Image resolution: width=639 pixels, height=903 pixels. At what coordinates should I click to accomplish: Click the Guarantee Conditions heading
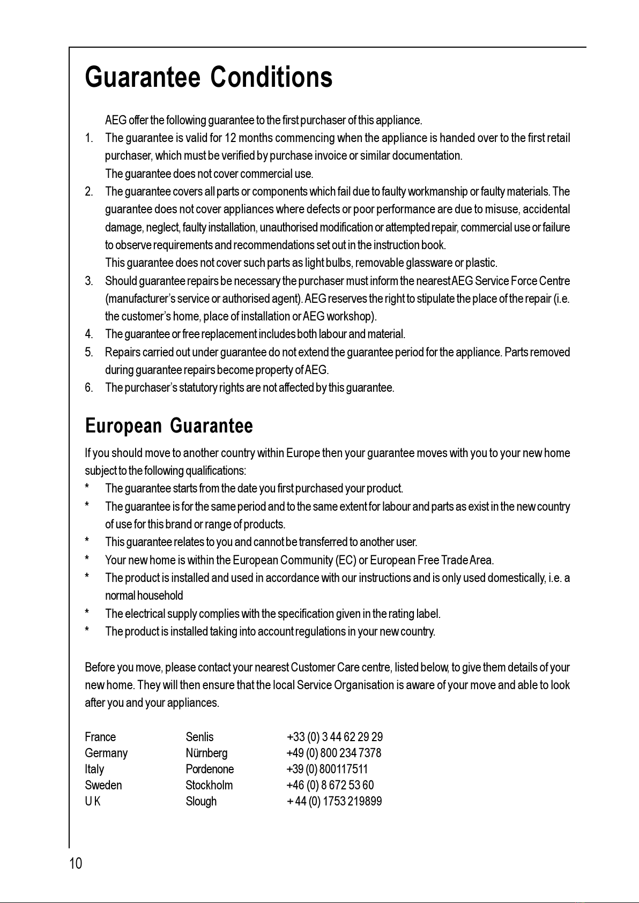[x=209, y=78]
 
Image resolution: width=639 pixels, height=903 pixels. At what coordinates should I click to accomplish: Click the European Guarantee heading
[x=169, y=427]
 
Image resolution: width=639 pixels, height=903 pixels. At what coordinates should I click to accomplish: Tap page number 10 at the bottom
[x=76, y=863]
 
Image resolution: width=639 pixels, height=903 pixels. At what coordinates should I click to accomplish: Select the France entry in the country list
[x=100, y=737]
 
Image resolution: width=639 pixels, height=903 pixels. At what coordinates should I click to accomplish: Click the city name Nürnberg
[x=206, y=753]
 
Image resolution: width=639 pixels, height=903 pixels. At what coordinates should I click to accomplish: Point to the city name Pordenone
[x=210, y=769]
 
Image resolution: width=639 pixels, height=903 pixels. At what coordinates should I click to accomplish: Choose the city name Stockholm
[x=209, y=785]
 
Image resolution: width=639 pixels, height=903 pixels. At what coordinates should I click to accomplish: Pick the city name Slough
[x=201, y=801]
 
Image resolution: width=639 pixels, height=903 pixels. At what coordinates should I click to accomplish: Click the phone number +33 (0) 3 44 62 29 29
[x=335, y=737]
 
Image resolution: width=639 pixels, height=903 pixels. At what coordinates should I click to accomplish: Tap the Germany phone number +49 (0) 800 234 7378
[x=334, y=753]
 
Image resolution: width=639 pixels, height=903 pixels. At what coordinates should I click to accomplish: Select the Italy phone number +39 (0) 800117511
[x=328, y=769]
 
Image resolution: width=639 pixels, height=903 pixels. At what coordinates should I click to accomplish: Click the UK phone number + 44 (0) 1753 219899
[x=335, y=801]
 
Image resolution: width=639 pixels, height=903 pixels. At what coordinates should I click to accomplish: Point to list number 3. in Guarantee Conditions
[x=89, y=281]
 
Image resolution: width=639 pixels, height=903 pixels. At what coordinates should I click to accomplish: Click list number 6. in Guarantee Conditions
[x=89, y=387]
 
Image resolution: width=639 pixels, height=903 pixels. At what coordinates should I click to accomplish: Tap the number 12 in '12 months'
[x=231, y=138]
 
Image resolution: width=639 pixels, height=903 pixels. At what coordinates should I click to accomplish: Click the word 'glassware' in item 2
[x=429, y=263]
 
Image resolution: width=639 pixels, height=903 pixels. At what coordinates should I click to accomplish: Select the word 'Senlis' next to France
[x=199, y=737]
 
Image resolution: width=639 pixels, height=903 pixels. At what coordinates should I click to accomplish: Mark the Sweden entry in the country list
[x=103, y=785]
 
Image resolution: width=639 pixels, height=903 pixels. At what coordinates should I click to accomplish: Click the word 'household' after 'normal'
[x=160, y=595]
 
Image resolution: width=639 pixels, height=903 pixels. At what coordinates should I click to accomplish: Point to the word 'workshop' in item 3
[x=353, y=316]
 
